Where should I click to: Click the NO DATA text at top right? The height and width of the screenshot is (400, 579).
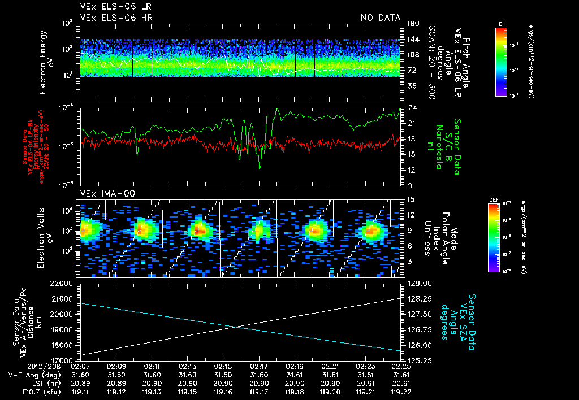381,18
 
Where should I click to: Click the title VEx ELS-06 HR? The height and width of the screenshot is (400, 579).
116,18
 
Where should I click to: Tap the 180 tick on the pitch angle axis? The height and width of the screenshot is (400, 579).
413,24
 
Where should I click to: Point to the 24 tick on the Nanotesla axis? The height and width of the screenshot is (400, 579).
413,108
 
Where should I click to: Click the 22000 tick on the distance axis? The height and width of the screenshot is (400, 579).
64,283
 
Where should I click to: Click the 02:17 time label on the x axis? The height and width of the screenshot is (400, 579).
258,366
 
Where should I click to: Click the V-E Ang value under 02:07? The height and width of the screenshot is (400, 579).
81,375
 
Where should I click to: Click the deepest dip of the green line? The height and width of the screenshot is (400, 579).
260,169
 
